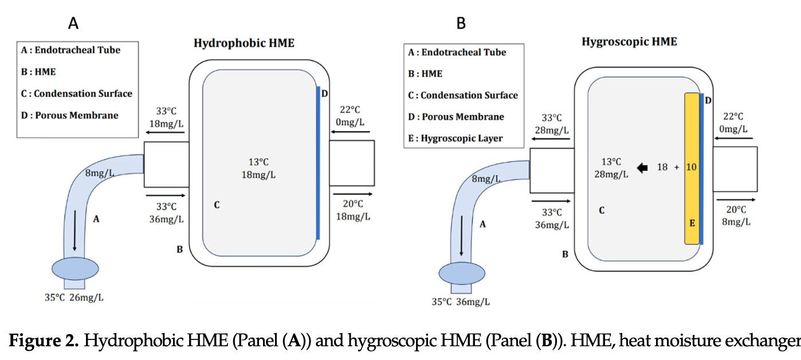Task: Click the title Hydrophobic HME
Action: point(244,43)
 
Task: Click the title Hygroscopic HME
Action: point(629,41)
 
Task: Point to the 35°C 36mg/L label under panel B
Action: point(461,302)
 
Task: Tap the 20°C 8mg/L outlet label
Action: point(736,216)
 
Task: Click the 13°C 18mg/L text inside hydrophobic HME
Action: point(257,168)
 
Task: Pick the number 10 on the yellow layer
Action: point(692,167)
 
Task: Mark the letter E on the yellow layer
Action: point(692,223)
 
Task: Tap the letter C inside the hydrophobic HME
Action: point(217,205)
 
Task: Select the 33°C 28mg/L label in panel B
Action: point(552,124)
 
